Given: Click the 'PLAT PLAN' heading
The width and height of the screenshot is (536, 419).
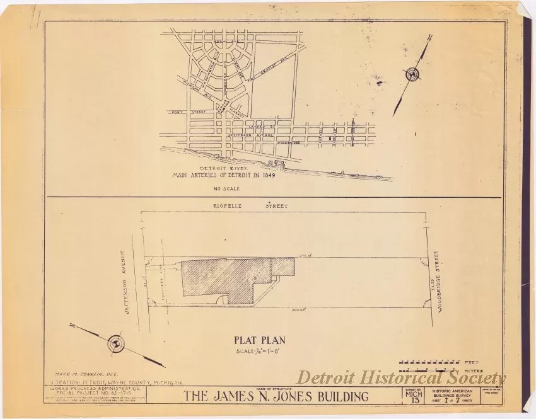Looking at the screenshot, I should [x=260, y=341].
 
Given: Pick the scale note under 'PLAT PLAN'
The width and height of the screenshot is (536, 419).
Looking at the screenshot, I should [x=259, y=352].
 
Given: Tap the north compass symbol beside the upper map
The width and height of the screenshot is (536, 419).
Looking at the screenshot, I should [x=413, y=75].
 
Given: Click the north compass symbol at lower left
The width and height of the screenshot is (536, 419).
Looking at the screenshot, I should [x=116, y=343].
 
